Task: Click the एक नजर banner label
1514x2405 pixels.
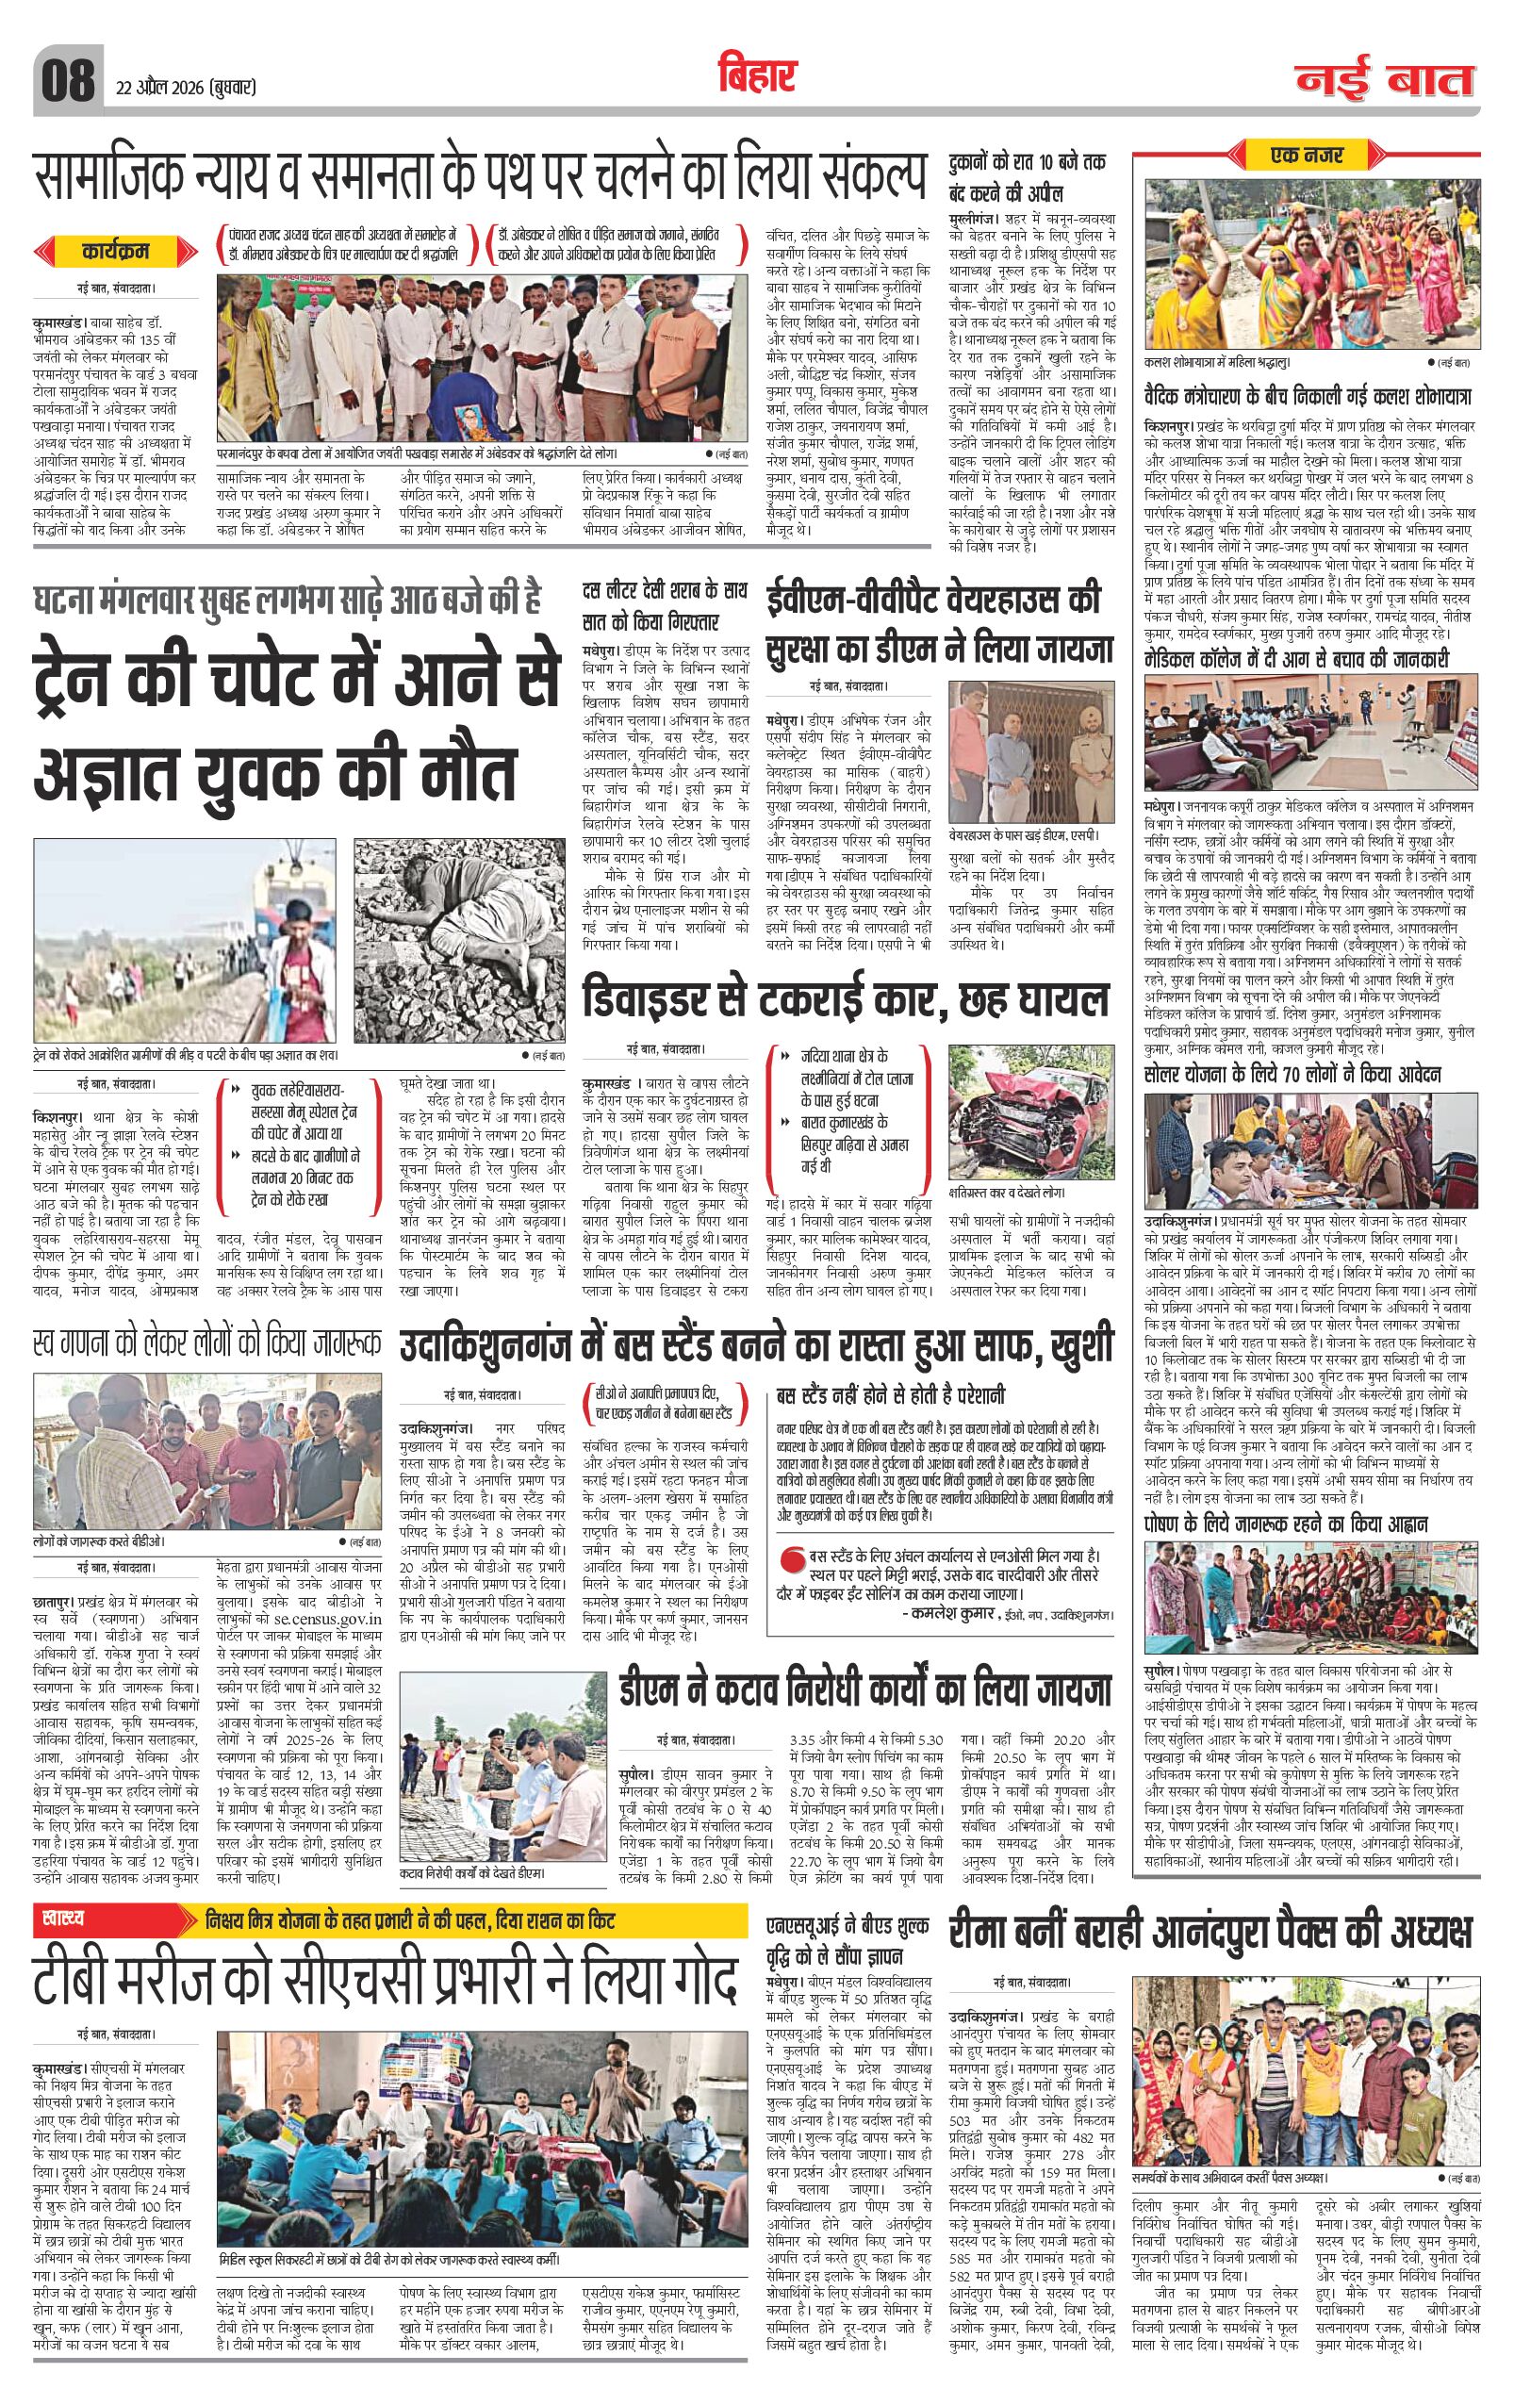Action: click(1307, 155)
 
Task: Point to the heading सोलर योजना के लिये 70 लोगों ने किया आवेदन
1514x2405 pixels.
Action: click(1293, 1075)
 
